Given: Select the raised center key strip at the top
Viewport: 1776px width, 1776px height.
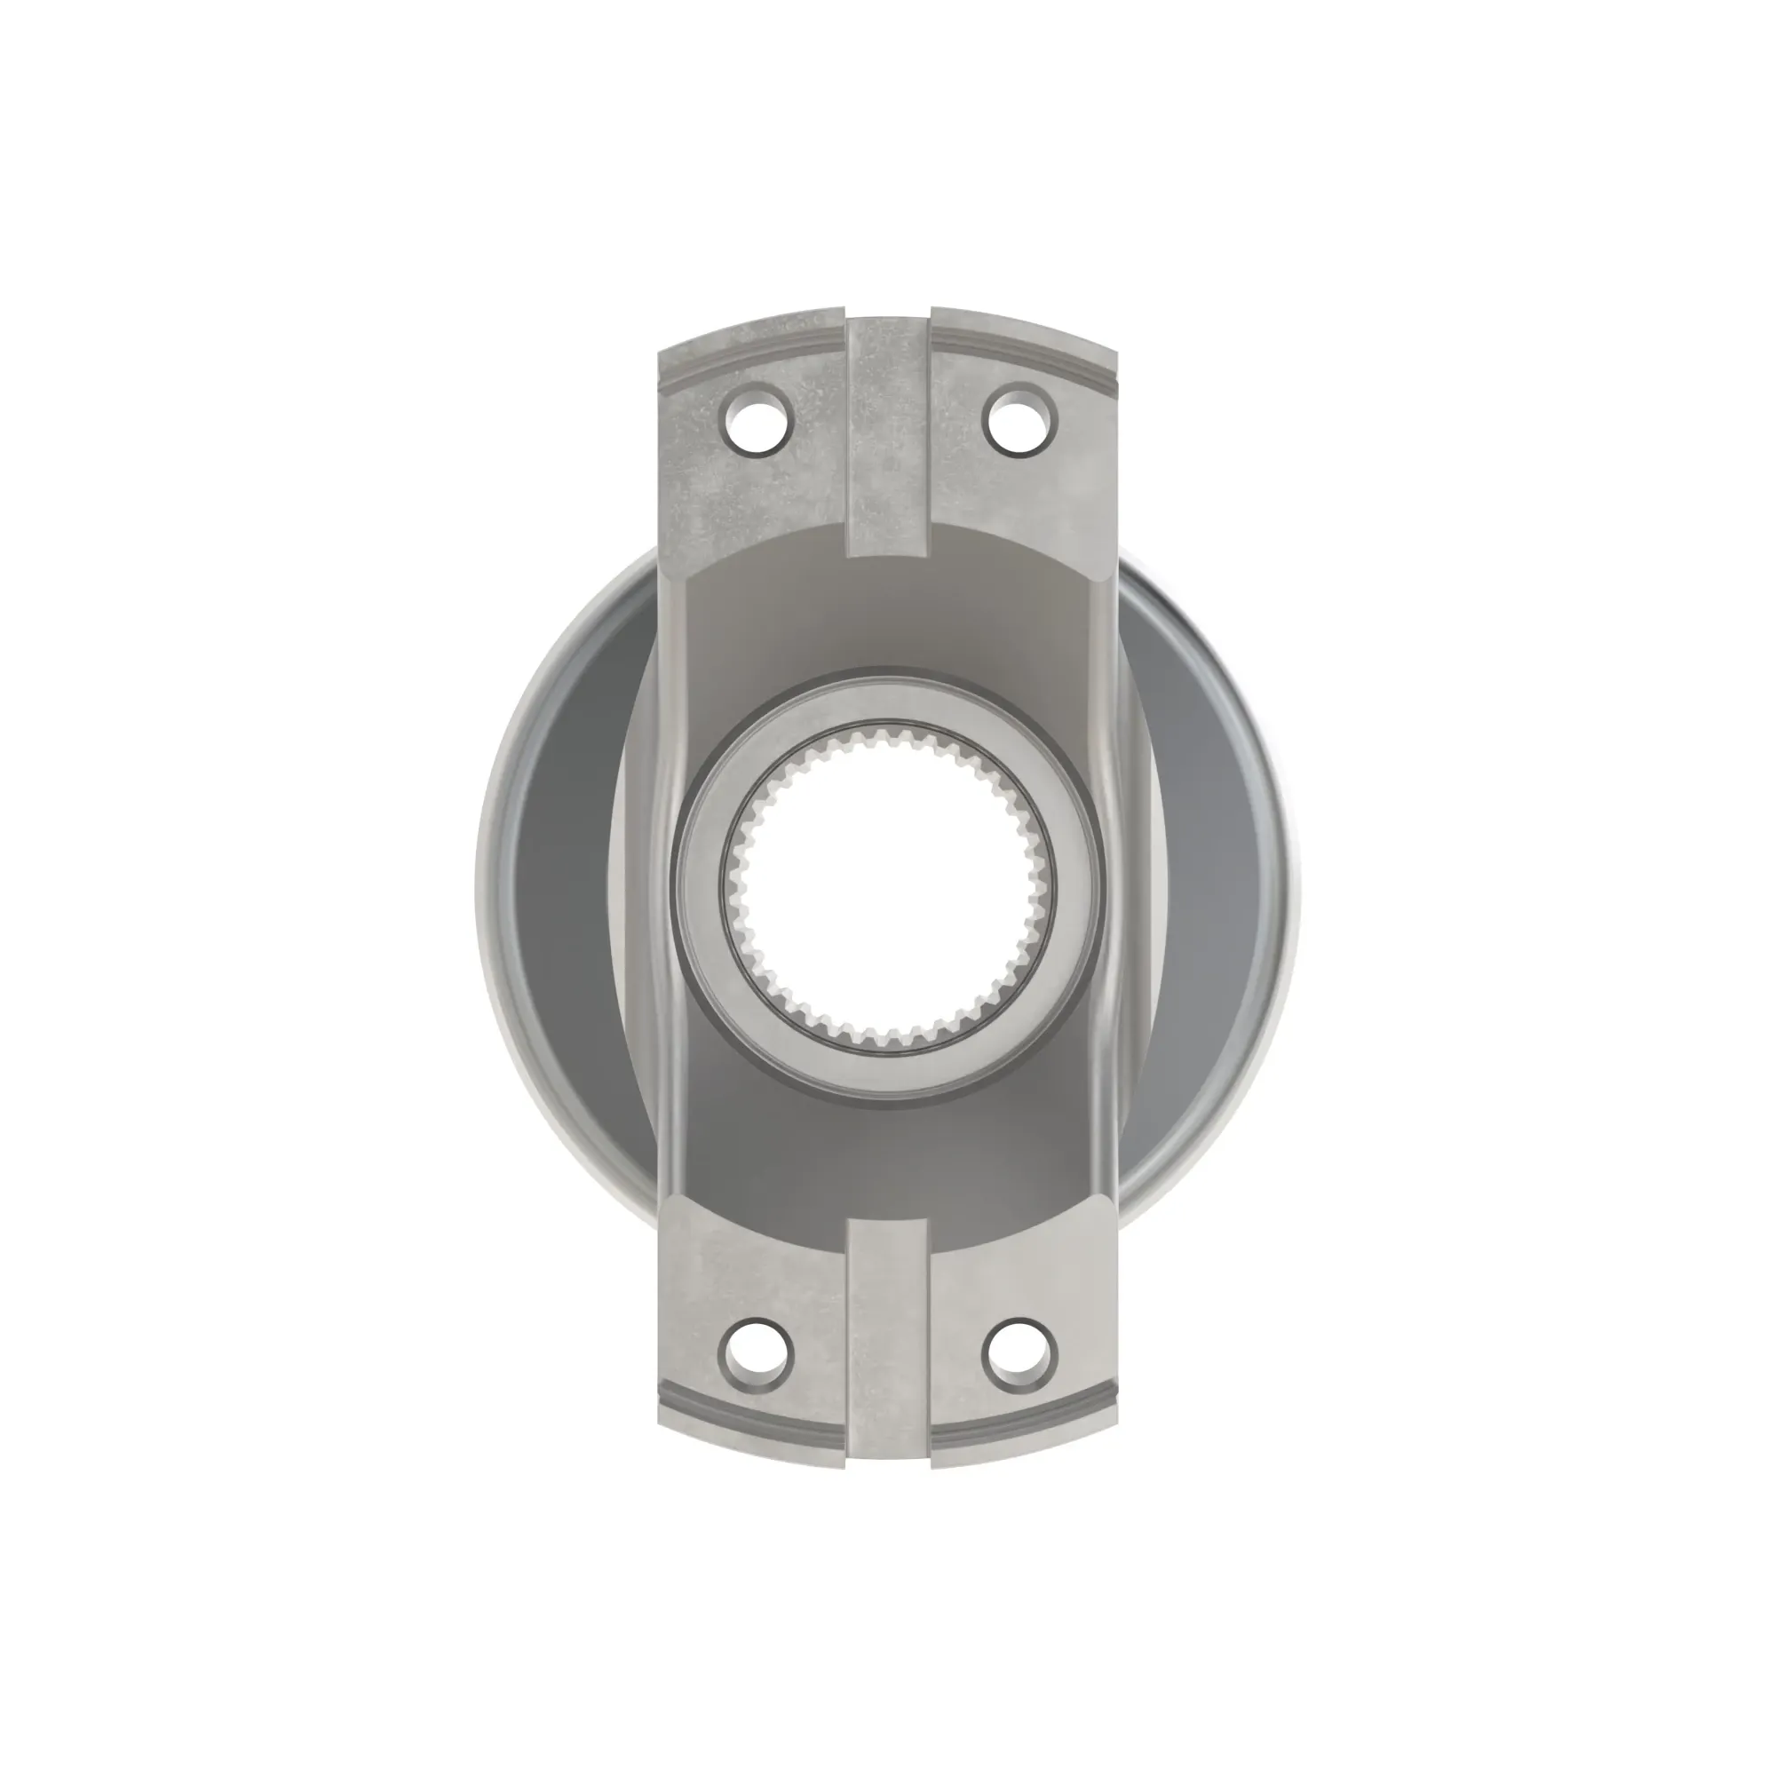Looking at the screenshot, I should pos(888,441).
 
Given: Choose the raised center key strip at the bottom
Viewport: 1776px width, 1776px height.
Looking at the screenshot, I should pos(888,1360).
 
